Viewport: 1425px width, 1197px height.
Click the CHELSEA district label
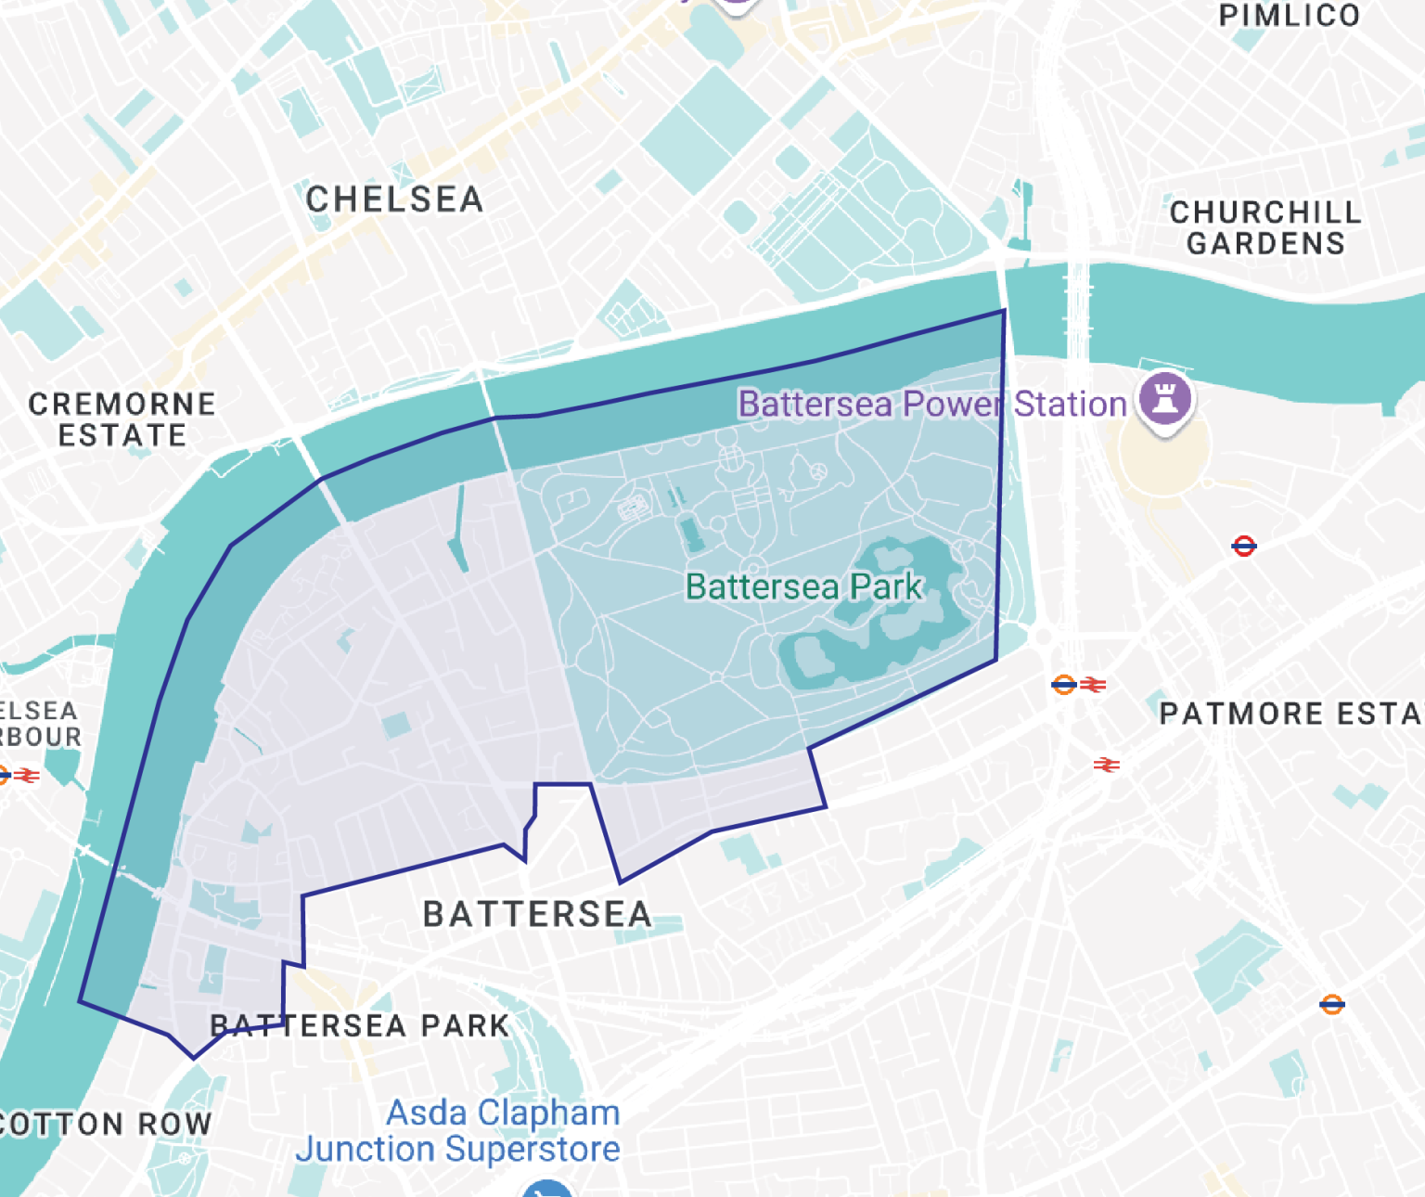[x=394, y=199]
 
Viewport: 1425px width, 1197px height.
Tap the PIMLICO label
[x=1289, y=16]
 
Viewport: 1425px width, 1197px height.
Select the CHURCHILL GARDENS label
[x=1265, y=227]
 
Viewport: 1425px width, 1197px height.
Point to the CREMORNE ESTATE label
[x=122, y=419]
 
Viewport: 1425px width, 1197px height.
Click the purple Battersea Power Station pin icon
[x=1166, y=399]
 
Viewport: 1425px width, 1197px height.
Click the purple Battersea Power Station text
[x=931, y=405]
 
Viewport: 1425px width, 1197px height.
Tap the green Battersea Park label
[x=803, y=586]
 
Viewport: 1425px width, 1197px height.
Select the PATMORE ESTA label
[x=1290, y=714]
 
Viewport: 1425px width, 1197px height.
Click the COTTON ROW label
[x=105, y=1124]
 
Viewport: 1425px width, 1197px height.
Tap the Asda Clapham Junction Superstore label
[x=458, y=1131]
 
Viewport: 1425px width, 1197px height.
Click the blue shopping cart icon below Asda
[x=546, y=1189]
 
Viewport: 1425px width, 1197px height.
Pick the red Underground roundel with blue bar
[x=1244, y=546]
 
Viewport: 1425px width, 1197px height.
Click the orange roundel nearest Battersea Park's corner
[x=1063, y=685]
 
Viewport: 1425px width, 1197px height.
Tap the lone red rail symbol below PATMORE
[x=1106, y=765]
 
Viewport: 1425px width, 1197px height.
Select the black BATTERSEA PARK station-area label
[x=360, y=1025]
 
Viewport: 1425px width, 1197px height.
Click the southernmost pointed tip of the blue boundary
[x=193, y=1057]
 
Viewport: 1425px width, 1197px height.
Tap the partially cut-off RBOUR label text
[x=41, y=737]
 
